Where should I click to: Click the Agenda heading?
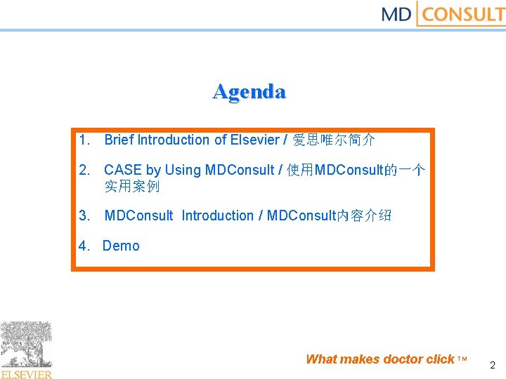[249, 92]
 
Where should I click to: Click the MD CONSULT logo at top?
[443, 14]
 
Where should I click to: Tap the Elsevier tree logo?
[26, 345]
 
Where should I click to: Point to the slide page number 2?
[492, 365]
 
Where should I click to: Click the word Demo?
[121, 246]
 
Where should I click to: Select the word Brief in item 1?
[119, 140]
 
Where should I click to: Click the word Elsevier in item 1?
[254, 140]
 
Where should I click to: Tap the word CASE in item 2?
[123, 170]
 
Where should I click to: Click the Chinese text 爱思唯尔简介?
[334, 140]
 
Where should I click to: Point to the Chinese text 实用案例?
[132, 186]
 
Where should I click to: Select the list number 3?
[84, 215]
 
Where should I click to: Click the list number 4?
[84, 246]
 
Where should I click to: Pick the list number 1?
[84, 140]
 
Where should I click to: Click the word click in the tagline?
[441, 359]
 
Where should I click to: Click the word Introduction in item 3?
[217, 215]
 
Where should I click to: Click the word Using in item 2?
[183, 170]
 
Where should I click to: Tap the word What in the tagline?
[321, 359]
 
